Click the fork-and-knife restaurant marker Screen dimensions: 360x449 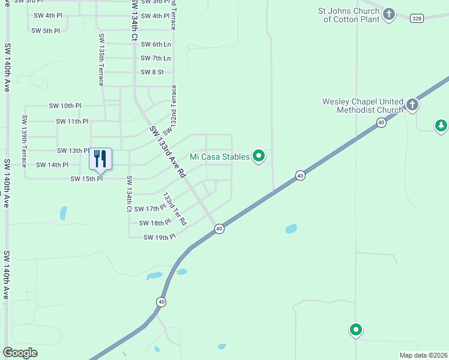tap(100, 158)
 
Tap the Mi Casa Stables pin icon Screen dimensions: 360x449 tap(259, 157)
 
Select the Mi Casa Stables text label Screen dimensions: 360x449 tap(219, 157)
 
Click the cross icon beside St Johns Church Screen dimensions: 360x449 tap(389, 14)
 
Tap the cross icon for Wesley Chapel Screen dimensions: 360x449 tap(412, 105)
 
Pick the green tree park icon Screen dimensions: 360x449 tap(441, 125)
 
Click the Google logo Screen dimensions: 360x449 tap(20, 353)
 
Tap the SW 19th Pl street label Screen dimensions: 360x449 tap(159, 238)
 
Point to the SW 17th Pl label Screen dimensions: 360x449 tap(149, 209)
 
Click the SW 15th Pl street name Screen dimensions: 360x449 tap(86, 179)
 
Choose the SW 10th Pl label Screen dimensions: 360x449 tap(65, 106)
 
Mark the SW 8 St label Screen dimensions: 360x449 tap(152, 72)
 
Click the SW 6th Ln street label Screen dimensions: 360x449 tap(155, 44)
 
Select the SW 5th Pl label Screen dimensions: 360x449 tap(46, 31)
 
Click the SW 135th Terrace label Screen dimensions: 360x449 tap(102, 59)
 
